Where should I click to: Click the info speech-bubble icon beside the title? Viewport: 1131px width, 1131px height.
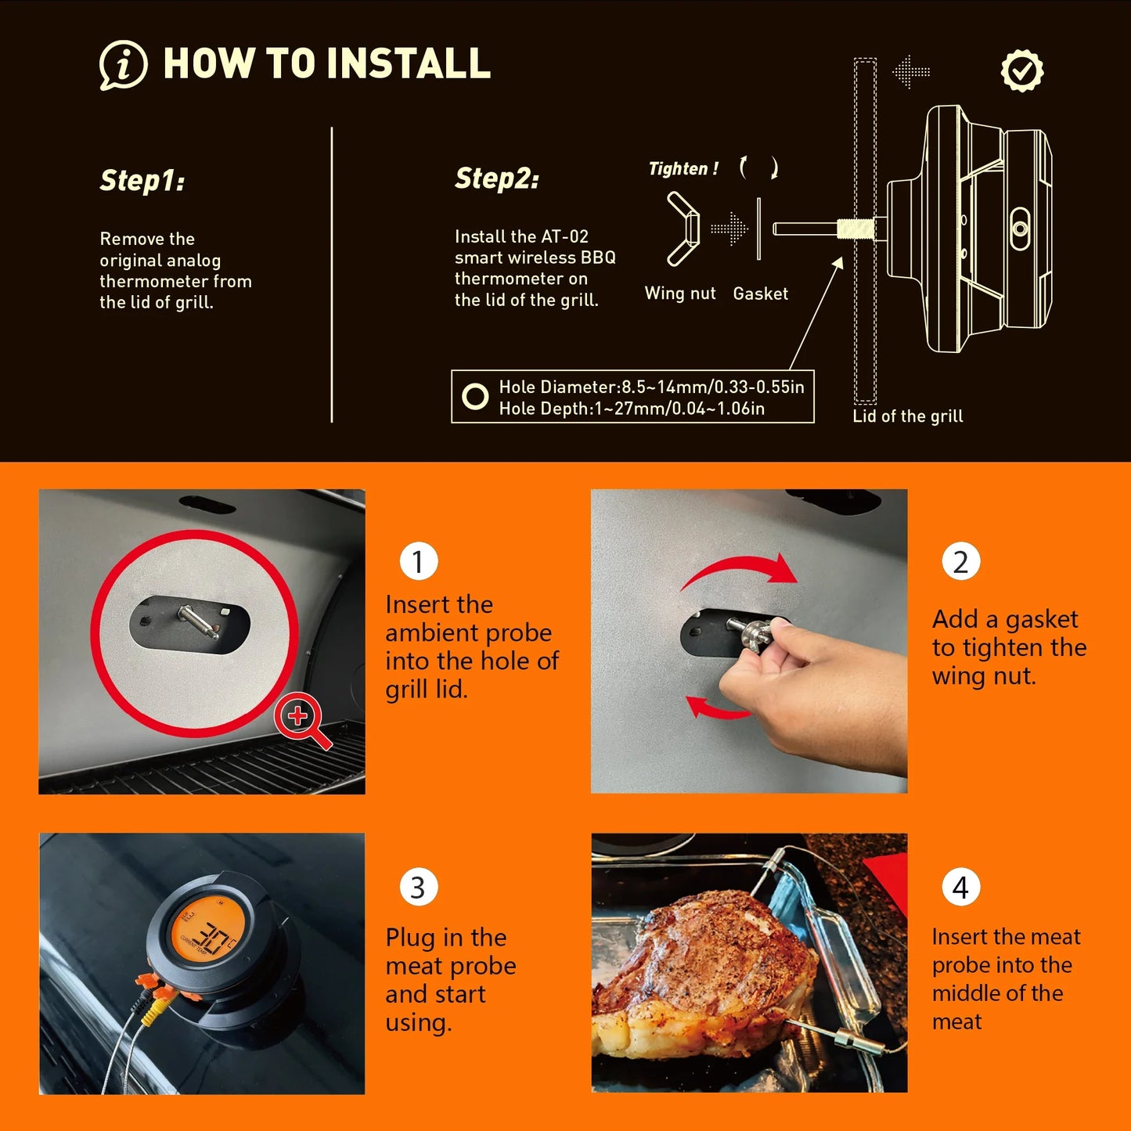tap(123, 65)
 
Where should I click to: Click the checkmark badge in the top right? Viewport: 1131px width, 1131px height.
tap(1022, 71)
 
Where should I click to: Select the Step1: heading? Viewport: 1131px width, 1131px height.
tap(142, 181)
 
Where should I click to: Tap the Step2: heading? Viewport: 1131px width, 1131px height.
tap(497, 178)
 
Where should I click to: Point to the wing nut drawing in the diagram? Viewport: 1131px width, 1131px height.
tap(682, 229)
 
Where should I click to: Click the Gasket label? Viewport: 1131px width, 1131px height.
tap(760, 294)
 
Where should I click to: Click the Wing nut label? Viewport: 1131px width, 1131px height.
tap(679, 294)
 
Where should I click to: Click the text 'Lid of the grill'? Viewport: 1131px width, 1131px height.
tap(907, 416)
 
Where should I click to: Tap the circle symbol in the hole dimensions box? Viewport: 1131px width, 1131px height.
tap(475, 397)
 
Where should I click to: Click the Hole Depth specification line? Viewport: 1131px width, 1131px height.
tap(631, 409)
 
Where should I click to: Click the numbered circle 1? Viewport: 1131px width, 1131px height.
tap(418, 561)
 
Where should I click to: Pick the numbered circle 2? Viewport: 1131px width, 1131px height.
tap(960, 561)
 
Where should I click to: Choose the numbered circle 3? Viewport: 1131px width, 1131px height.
tap(418, 888)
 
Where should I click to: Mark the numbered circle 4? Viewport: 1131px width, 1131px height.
tap(960, 888)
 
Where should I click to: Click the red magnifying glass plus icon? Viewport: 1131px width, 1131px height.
tap(300, 717)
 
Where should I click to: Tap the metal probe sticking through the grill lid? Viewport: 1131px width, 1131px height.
tap(198, 623)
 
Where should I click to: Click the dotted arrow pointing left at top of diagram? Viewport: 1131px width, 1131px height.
tap(911, 72)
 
